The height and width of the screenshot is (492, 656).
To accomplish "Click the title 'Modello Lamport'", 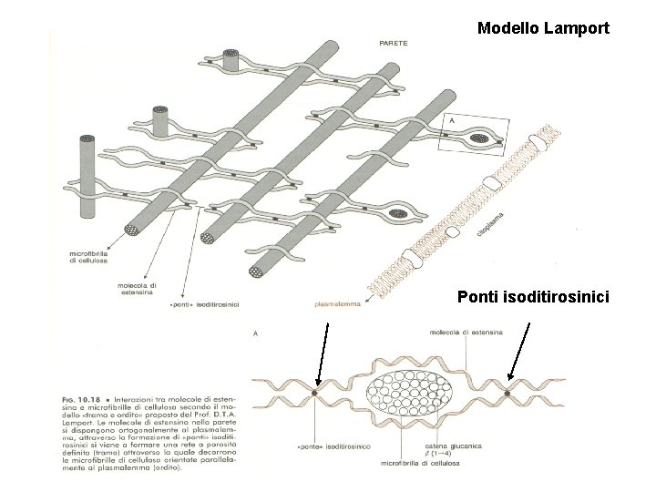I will click(543, 28).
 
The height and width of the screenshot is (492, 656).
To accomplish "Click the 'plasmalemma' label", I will click(337, 305).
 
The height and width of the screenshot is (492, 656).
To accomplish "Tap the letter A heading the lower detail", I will click(255, 334).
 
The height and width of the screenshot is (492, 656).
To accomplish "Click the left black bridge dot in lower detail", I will click(314, 393).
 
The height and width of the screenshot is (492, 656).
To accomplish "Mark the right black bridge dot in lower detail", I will click(507, 394).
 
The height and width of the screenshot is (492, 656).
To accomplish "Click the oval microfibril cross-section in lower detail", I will click(411, 393).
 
